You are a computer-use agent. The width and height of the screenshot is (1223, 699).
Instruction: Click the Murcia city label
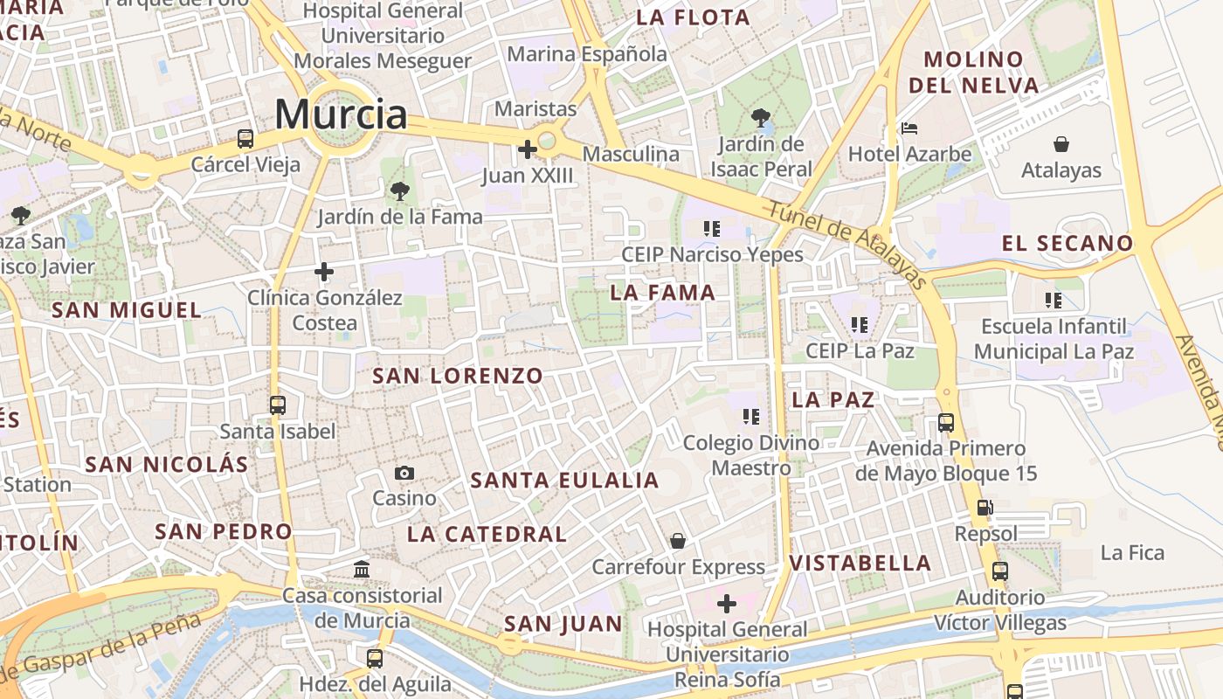pos(341,114)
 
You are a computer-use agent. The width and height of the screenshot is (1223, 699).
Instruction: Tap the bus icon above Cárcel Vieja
pos(245,138)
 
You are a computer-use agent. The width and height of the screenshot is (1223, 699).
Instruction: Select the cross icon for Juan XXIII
pos(527,149)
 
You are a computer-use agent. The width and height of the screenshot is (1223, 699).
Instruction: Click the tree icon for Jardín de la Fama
pos(400,190)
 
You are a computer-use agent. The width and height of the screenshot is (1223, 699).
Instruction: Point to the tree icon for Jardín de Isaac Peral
pos(761,117)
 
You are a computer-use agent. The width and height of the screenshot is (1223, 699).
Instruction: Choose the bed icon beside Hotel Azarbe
pos(909,128)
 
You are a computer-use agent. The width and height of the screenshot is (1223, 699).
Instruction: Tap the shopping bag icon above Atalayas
pos(1061,143)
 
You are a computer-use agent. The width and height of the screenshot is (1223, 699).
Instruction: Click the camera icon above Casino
pos(404,473)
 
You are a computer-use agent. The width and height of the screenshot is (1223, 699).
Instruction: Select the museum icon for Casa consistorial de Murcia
pos(362,570)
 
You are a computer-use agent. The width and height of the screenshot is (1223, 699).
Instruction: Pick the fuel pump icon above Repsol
pos(985,508)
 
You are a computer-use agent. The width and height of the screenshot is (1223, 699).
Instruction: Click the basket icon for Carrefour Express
pos(678,542)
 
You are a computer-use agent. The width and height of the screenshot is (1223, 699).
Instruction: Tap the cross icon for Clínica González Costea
pos(324,272)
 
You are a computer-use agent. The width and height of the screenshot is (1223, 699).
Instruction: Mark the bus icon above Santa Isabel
pos(278,405)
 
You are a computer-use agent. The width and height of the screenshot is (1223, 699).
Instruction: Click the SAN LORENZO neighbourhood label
pos(458,377)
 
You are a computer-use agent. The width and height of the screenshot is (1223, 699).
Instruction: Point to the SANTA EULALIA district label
pos(564,481)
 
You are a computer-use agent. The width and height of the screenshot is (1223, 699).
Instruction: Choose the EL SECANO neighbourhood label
pos(1068,244)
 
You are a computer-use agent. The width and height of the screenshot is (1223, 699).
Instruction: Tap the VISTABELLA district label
pos(860,564)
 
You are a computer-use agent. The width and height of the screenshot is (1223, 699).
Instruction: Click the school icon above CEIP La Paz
pos(860,325)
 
